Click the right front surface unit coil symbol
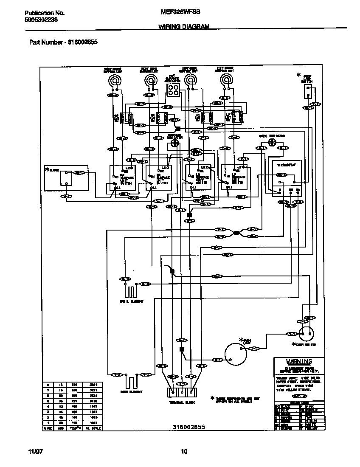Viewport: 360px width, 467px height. point(113,81)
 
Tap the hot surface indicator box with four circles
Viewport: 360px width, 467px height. point(172,89)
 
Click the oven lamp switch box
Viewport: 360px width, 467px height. point(309,90)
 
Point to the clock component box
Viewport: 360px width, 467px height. point(66,178)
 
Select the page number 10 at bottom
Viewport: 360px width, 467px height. point(184,452)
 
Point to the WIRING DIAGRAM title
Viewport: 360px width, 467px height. point(184,26)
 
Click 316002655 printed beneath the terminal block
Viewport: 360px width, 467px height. point(188,427)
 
